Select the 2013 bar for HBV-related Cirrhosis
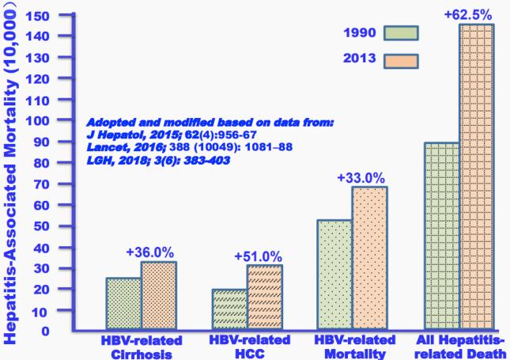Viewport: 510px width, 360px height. point(159,296)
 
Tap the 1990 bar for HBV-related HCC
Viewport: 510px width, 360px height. point(229,309)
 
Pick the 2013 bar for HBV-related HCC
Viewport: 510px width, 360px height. point(264,297)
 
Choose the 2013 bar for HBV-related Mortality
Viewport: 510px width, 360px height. point(369,258)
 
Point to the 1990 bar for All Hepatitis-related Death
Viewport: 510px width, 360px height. point(440,236)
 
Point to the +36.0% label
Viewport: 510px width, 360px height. point(149,252)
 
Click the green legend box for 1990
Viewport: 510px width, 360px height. point(400,32)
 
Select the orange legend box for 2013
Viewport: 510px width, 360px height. point(400,59)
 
